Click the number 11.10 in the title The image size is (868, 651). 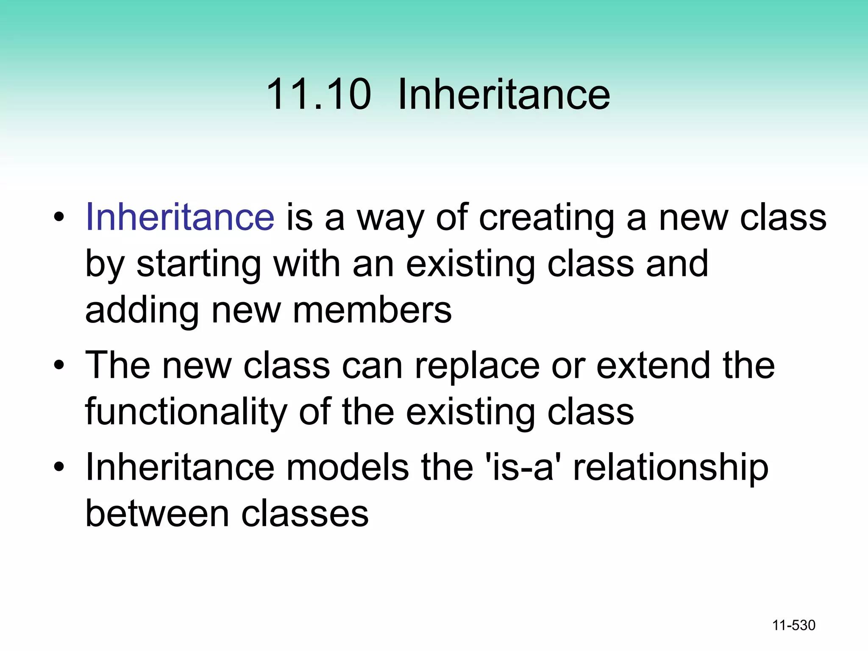[x=319, y=94]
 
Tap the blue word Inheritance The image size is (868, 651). [x=180, y=217]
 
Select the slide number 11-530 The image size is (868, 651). [x=793, y=625]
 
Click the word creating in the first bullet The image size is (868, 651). [x=546, y=219]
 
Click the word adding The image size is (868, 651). [x=142, y=311]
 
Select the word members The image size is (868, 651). [x=372, y=311]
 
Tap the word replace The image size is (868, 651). [x=477, y=366]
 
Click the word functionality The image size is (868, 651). [x=186, y=412]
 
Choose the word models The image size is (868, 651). [x=348, y=467]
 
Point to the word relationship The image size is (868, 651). [x=670, y=468]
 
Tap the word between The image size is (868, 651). [x=157, y=514]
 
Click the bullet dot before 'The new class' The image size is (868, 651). [x=59, y=365]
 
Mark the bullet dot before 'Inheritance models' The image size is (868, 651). [x=59, y=467]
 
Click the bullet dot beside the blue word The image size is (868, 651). [x=59, y=217]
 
